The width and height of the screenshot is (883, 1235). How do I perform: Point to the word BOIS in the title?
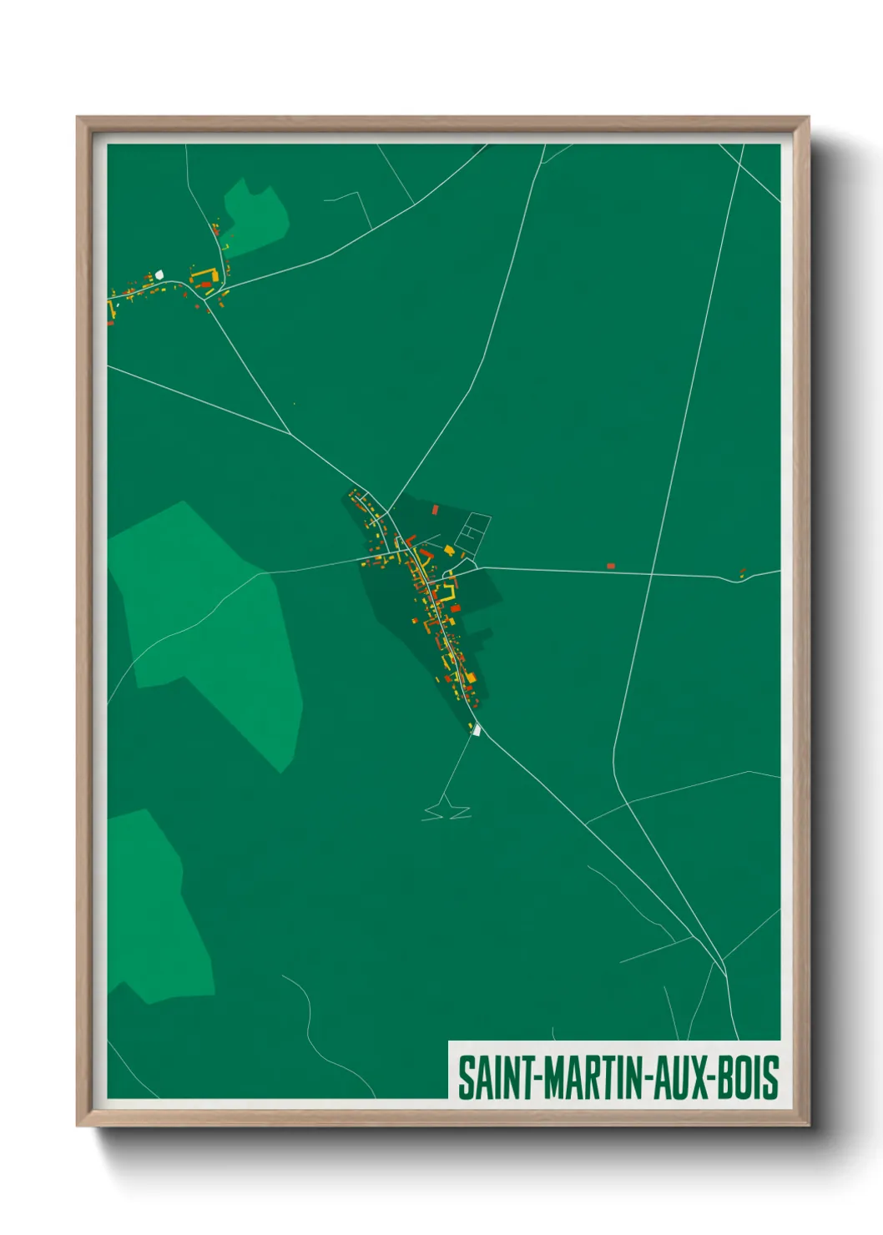(748, 1077)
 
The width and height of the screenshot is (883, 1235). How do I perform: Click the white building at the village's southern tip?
(477, 730)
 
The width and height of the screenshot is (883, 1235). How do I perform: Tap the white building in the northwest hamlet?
(159, 273)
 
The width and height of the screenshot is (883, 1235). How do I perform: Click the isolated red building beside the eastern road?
(610, 566)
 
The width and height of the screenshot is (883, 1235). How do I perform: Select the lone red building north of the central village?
(435, 508)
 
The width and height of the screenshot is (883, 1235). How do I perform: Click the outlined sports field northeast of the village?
(472, 534)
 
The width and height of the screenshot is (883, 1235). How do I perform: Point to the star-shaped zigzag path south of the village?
(447, 810)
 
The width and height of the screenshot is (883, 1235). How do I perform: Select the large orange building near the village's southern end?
(470, 677)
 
